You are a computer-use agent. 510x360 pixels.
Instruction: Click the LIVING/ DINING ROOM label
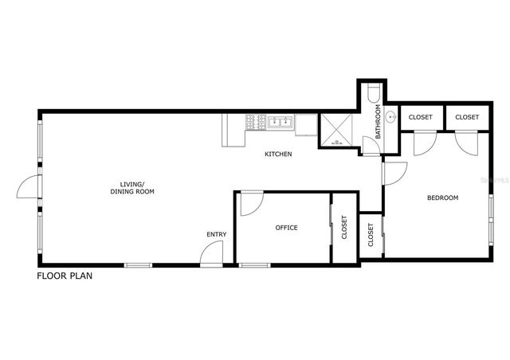coord(131,188)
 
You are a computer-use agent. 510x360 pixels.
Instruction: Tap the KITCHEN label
coord(278,154)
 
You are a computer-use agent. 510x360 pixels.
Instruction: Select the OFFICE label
coord(286,228)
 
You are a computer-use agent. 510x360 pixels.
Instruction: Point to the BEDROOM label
coord(442,198)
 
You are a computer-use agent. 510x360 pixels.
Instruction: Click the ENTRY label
coord(216,234)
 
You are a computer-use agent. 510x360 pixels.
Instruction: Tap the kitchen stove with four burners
coord(256,123)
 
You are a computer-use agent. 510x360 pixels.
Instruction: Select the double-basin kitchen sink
coord(279,123)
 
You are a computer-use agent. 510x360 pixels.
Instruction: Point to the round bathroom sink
coord(390,118)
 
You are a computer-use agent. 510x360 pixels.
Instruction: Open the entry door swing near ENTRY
coord(211,255)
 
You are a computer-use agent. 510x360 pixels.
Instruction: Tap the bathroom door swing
coord(367,147)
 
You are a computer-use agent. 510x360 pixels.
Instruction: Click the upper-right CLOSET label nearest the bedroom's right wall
coord(467,117)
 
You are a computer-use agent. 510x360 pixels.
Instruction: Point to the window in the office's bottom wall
coord(254,264)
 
